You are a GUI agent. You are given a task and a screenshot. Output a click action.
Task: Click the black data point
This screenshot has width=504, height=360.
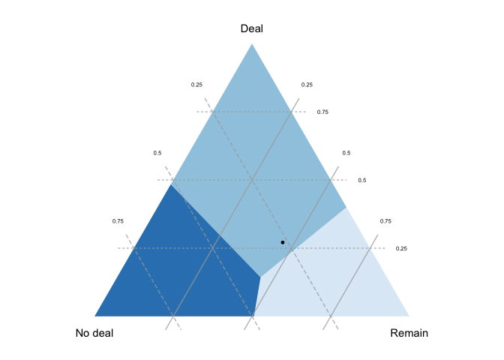tap(283, 242)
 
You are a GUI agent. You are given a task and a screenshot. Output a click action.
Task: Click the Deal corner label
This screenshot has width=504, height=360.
tap(252, 28)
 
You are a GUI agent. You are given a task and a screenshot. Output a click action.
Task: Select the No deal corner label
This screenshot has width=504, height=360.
tap(94, 333)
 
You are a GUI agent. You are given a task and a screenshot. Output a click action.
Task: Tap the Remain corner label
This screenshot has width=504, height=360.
tap(409, 333)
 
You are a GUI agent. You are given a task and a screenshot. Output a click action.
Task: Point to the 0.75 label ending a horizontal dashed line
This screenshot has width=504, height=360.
tap(322, 112)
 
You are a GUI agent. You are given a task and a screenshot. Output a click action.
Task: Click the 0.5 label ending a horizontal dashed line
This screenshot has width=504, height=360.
tap(361, 180)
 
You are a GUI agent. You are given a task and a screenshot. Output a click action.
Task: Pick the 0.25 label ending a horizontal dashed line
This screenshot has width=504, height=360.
tap(401, 248)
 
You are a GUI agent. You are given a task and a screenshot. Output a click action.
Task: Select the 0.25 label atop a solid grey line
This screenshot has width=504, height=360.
tap(307, 85)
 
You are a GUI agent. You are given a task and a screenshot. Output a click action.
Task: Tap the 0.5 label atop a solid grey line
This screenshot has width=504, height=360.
tap(346, 153)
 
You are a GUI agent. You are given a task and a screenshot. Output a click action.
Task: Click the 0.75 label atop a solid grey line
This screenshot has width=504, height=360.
tap(385, 221)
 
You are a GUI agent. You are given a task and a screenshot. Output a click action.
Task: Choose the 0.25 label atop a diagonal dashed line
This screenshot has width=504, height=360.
tap(196, 85)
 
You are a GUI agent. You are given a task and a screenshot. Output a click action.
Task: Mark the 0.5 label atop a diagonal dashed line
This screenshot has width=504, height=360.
tap(157, 153)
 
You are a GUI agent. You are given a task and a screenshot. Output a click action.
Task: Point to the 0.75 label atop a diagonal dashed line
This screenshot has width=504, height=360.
tap(118, 221)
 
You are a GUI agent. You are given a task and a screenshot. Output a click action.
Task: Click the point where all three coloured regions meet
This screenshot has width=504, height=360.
tap(260, 276)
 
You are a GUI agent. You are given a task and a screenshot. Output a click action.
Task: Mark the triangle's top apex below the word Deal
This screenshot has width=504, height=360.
tap(252, 44)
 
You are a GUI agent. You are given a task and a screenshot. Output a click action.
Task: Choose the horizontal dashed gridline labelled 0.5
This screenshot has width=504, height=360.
tap(225, 180)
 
